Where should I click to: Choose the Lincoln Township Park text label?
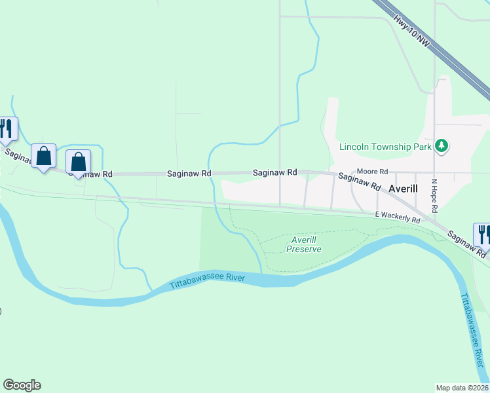(385, 146)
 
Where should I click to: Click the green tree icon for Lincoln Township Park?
(442, 145)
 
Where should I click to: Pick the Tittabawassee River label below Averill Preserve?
(207, 282)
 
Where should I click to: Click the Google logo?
(22, 385)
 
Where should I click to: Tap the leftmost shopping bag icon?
(43, 157)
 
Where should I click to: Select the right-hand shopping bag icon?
(78, 162)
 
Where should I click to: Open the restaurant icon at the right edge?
(483, 234)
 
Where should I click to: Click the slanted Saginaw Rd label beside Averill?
(360, 181)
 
